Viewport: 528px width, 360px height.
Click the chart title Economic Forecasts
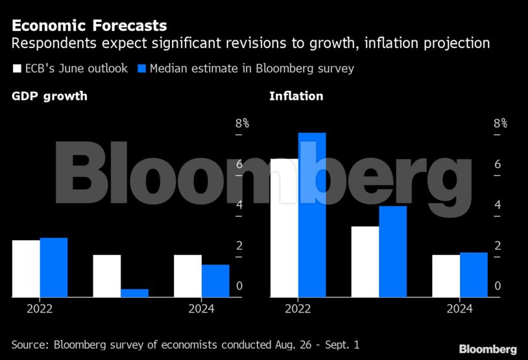(89, 26)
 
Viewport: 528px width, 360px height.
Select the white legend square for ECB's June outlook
(17, 68)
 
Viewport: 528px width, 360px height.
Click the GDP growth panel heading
(49, 97)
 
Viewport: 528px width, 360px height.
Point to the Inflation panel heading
(296, 97)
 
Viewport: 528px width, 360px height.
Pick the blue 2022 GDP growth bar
(54, 267)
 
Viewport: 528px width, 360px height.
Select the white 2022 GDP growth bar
(26, 269)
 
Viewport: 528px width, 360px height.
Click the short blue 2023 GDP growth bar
(134, 293)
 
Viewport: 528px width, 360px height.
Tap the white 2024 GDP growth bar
(187, 276)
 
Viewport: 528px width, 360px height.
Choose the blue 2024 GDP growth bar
(215, 281)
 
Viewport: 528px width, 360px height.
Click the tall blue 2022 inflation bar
(312, 215)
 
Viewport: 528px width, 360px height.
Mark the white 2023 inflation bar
(365, 261)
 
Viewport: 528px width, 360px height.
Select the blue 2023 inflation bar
(392, 252)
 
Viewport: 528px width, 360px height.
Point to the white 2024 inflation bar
(446, 276)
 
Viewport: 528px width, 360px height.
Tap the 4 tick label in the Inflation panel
(498, 205)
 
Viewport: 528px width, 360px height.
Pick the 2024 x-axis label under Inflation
(459, 309)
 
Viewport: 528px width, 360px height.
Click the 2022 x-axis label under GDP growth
(40, 309)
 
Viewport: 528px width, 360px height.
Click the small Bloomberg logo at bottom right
(488, 349)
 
